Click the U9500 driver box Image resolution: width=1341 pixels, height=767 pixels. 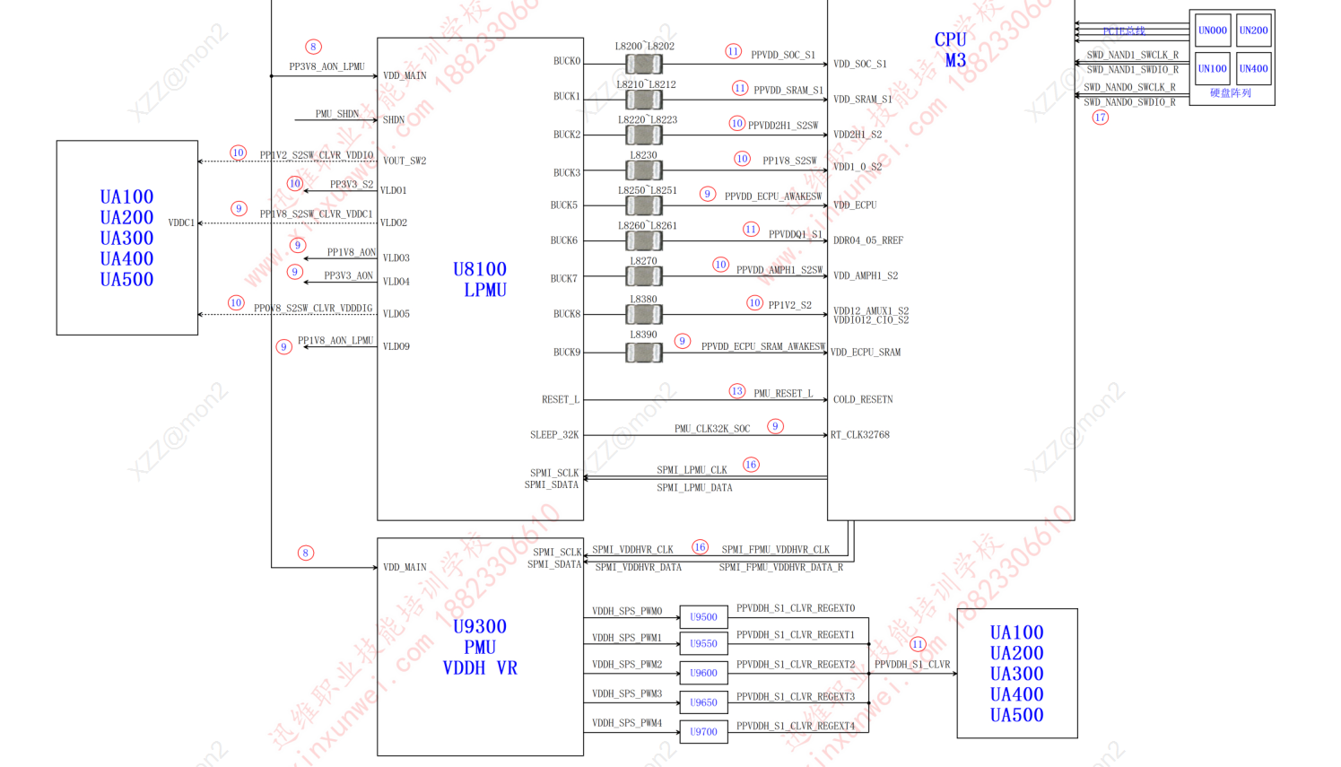703,617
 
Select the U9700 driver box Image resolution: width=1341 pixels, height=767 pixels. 703,732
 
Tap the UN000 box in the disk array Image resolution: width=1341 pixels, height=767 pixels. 1212,31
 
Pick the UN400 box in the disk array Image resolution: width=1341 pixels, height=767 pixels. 1253,69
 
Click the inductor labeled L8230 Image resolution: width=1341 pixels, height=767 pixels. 643,170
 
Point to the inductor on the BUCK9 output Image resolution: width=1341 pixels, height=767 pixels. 643,353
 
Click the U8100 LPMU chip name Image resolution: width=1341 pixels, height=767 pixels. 480,279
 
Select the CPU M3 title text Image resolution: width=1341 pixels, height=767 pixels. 951,50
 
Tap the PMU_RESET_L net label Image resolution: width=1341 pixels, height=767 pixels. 783,394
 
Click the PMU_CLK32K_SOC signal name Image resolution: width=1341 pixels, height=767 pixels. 712,429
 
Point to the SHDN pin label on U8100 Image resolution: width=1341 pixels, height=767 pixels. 394,120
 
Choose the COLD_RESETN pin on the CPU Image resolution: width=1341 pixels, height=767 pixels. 863,399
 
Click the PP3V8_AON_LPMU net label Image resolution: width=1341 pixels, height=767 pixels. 327,67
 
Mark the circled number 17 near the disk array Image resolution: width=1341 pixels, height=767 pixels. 1100,118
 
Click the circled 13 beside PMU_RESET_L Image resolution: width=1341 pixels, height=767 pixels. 736,391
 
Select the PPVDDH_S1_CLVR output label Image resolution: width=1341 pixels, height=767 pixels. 912,665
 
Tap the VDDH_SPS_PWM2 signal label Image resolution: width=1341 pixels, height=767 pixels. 627,665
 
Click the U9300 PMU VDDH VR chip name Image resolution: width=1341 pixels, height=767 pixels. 480,647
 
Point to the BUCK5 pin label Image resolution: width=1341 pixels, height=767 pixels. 563,205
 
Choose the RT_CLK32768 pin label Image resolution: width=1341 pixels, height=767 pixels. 860,435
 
